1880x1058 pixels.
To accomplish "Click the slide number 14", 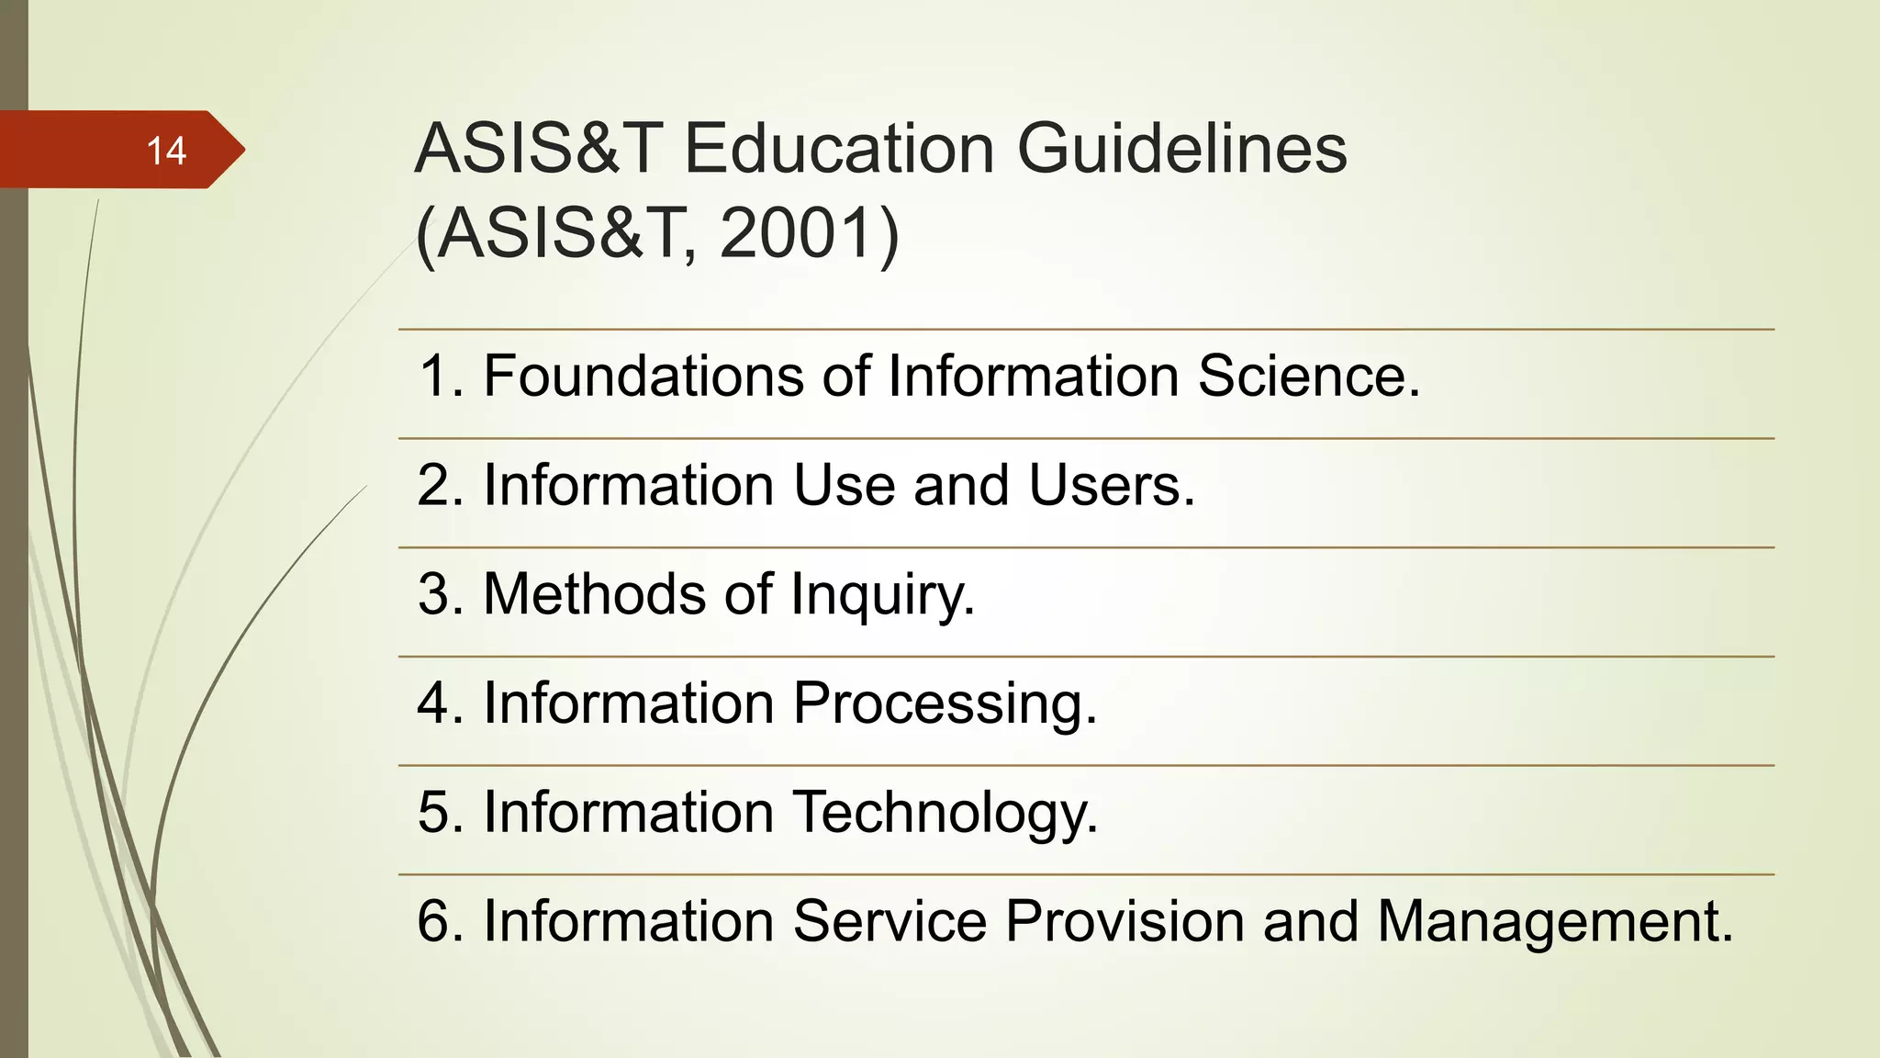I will pos(166,151).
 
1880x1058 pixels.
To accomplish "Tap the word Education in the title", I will pos(838,149).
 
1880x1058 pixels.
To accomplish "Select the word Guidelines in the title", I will pos(1182,149).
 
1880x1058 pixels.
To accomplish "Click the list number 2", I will pos(434,485).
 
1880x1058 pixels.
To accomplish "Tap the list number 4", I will pos(434,703).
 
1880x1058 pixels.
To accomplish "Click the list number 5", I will pos(434,812).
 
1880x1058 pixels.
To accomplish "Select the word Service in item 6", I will pos(888,920).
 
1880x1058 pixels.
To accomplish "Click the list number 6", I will pos(434,920).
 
